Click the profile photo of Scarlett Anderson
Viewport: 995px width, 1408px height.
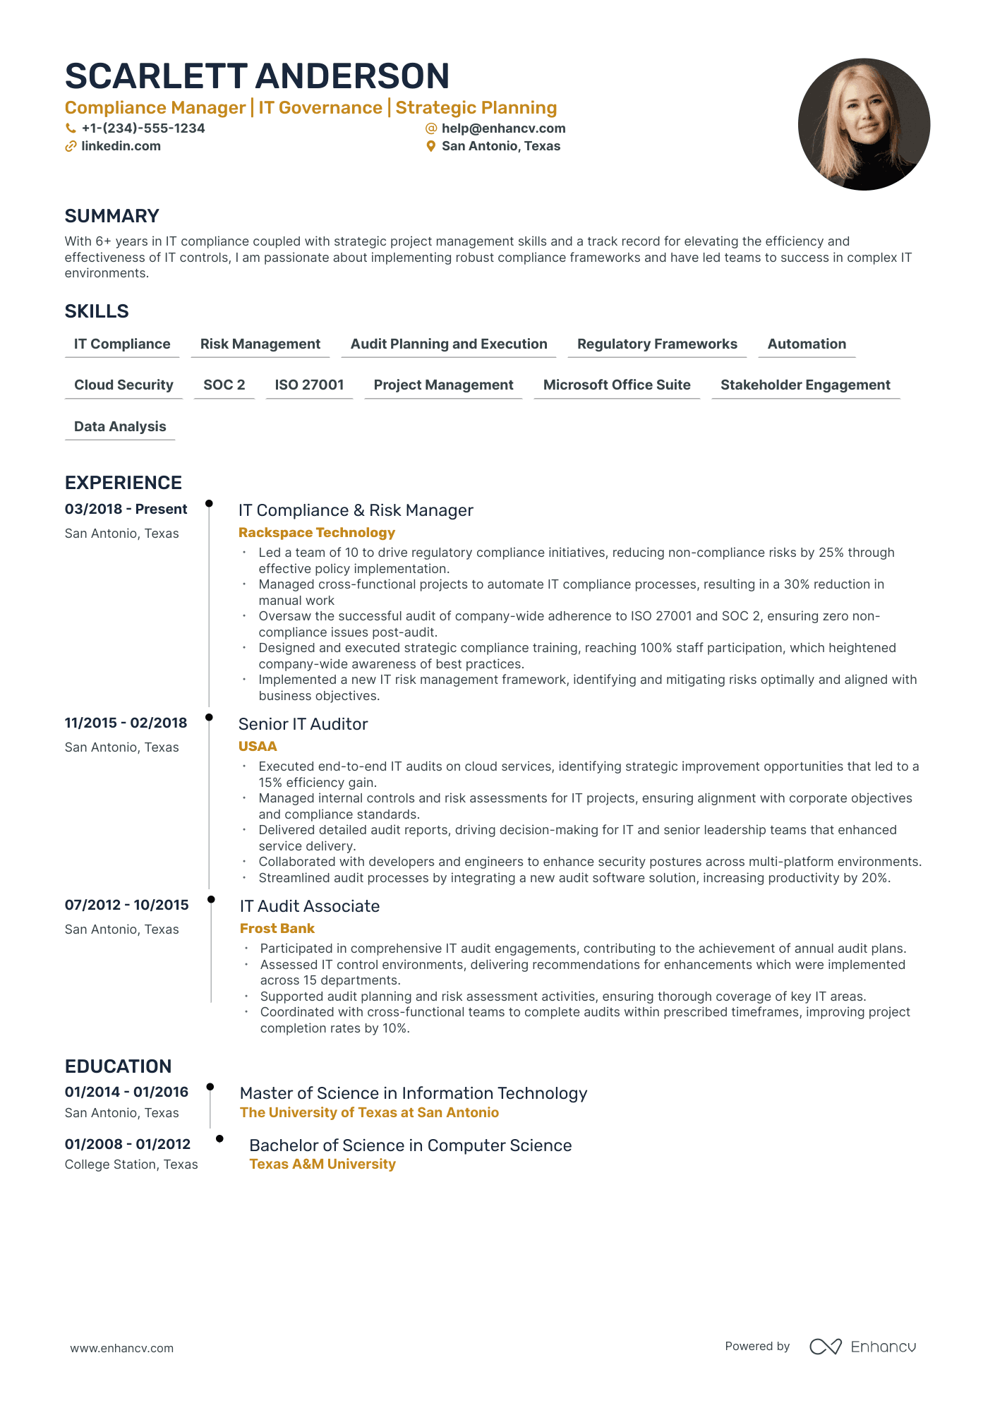pyautogui.click(x=864, y=124)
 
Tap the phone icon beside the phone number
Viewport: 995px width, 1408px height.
pyautogui.click(x=71, y=128)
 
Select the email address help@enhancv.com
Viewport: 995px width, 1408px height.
pyautogui.click(x=503, y=128)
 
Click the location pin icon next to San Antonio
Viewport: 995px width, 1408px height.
pyautogui.click(x=430, y=146)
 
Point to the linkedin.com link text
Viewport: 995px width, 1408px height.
pyautogui.click(x=121, y=146)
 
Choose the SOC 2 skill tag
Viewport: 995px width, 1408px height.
pyautogui.click(x=224, y=385)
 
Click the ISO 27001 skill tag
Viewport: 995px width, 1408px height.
pyautogui.click(x=309, y=385)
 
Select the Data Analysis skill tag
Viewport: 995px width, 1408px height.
pyautogui.click(x=120, y=426)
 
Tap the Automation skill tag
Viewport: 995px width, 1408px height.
pyautogui.click(x=807, y=344)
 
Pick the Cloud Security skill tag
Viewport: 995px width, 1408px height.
pyautogui.click(x=123, y=385)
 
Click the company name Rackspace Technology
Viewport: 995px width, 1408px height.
pyautogui.click(x=317, y=533)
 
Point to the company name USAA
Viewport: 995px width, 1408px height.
pyautogui.click(x=258, y=746)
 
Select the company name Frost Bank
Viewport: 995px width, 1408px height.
pyautogui.click(x=277, y=928)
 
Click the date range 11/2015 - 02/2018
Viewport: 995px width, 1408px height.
pyautogui.click(x=126, y=723)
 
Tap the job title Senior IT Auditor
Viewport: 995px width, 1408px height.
pyautogui.click(x=303, y=724)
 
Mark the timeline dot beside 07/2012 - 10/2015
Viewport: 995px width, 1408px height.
pyautogui.click(x=211, y=899)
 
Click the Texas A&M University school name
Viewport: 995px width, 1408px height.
pyautogui.click(x=322, y=1164)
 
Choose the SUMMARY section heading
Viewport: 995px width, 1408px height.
pyautogui.click(x=112, y=216)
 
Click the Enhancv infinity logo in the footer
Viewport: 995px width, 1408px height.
pyautogui.click(x=825, y=1347)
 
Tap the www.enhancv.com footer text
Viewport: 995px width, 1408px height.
pyautogui.click(x=121, y=1348)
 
